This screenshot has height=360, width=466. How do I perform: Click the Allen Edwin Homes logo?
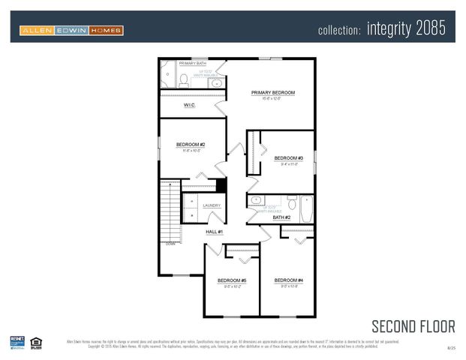71,30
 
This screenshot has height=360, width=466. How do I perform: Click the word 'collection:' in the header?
340,31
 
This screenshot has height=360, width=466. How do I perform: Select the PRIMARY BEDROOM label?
273,93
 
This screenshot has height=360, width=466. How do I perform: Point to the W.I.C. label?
190,105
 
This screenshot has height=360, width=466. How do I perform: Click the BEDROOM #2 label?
191,144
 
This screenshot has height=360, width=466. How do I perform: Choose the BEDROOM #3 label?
288,158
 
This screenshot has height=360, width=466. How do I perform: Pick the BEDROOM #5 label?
232,280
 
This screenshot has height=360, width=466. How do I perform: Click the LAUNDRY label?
211,205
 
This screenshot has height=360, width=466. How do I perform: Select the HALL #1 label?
215,232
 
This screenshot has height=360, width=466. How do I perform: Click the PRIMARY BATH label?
192,64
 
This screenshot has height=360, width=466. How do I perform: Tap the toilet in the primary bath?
183,79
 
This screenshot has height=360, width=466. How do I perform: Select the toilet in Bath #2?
291,202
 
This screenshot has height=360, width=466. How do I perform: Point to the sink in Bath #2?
257,200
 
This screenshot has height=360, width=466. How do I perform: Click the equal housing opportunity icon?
36,343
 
